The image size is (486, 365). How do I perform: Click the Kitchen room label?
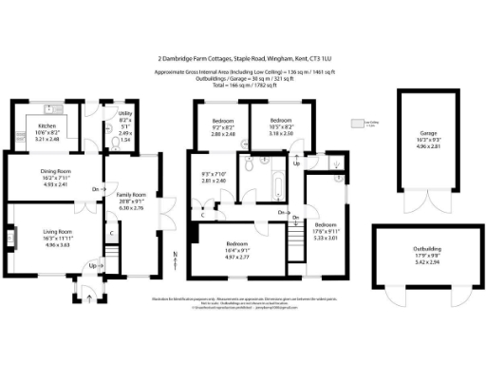pyautogui.click(x=47, y=125)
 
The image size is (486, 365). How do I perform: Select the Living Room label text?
pyautogui.click(x=58, y=231)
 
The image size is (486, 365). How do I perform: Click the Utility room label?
pyautogui.click(x=124, y=114)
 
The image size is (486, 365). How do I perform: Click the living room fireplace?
pyautogui.click(x=11, y=233)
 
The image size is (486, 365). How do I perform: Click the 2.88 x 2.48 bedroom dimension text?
pyautogui.click(x=222, y=134)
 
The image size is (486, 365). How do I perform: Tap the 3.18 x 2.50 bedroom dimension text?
pyautogui.click(x=281, y=134)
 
